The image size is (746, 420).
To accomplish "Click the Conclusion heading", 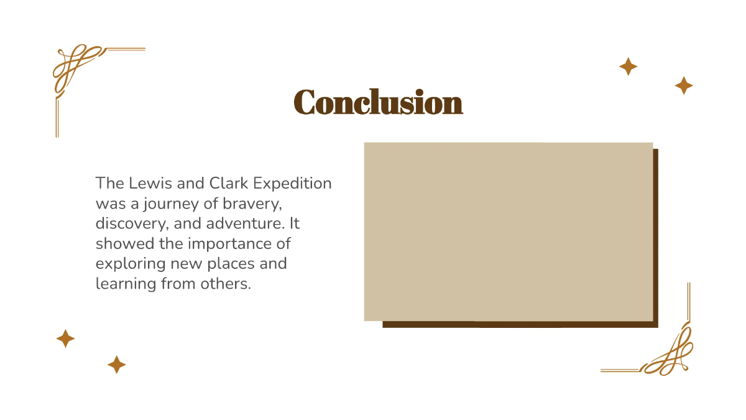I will point(378,103).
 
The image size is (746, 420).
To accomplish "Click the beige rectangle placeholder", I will point(508,231).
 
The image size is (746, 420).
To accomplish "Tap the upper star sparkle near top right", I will point(628,67).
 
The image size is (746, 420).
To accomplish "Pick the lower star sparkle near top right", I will point(684,85).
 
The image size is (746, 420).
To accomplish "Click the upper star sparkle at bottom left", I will point(65,338).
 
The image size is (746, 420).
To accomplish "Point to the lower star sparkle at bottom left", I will point(116,365).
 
